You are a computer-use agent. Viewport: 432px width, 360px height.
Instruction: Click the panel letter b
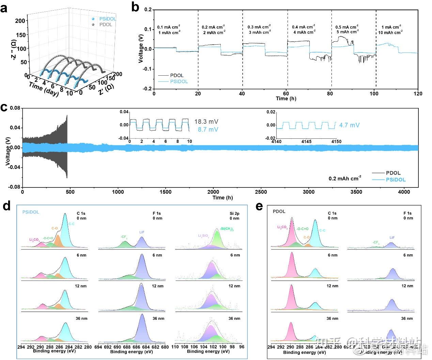(x=135, y=7)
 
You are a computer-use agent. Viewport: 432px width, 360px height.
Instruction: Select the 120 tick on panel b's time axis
(x=418, y=94)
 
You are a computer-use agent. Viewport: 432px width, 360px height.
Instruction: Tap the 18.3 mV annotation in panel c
(x=206, y=121)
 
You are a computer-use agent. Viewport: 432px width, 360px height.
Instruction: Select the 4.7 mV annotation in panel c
(x=349, y=125)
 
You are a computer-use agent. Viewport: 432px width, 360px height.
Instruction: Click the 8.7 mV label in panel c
(x=208, y=130)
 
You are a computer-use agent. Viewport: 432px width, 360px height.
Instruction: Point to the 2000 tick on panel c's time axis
(x=214, y=192)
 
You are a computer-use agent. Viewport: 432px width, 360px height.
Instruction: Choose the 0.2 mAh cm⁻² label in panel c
(x=345, y=178)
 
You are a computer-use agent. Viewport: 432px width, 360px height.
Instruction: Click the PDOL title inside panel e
(x=279, y=211)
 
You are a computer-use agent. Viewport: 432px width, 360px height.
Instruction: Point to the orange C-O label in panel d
(x=55, y=228)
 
